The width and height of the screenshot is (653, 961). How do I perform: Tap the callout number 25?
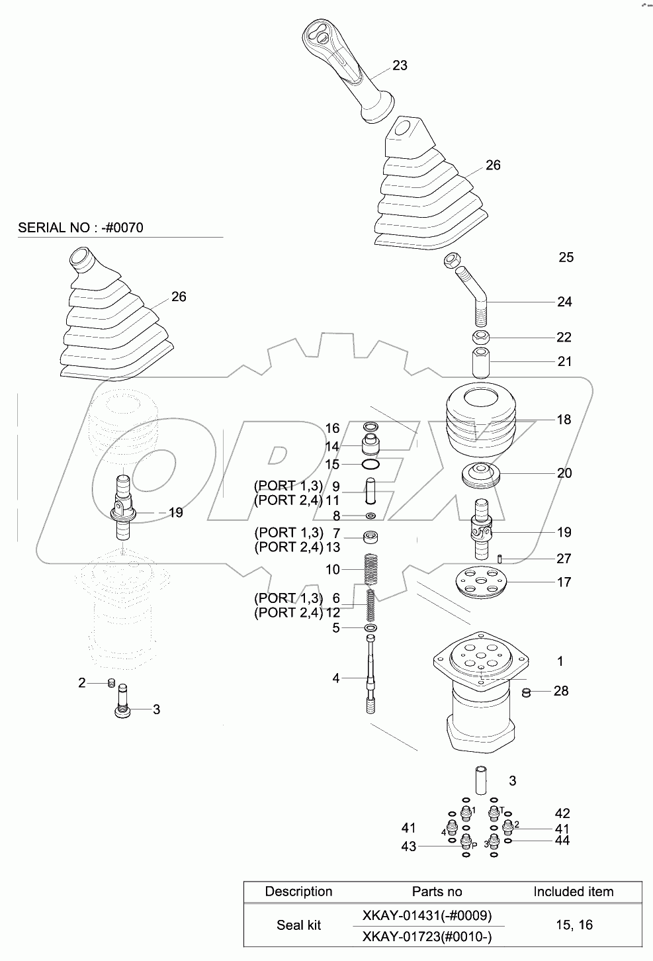566,257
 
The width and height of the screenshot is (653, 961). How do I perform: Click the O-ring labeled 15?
370,465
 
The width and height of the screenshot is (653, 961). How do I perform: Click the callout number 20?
564,473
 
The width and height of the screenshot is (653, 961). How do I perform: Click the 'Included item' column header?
573,892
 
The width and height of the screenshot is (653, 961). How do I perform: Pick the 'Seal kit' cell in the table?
298,925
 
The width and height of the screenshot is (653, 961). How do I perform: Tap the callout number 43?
409,847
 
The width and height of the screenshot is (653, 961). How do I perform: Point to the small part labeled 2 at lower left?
112,683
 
